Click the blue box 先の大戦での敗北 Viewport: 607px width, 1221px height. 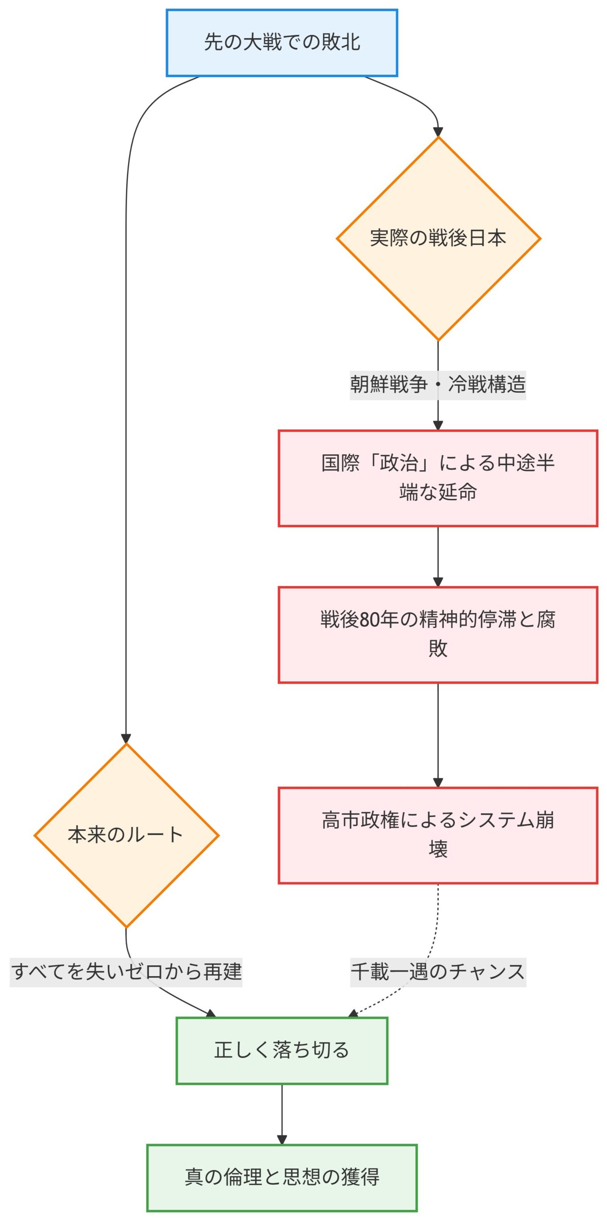[x=281, y=43]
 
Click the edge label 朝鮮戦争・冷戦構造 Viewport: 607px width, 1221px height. [x=437, y=384]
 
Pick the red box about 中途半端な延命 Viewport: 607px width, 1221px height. [x=437, y=478]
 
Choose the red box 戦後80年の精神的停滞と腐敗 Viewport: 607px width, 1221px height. [x=437, y=635]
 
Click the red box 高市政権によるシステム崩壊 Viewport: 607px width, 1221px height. [x=437, y=835]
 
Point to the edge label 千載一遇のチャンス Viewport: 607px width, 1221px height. [x=437, y=971]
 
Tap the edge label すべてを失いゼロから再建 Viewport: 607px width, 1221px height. [x=126, y=971]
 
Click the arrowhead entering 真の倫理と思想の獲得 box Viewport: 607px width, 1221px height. [x=281, y=1140]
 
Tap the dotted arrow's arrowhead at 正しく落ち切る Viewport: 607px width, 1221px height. [x=353, y=1014]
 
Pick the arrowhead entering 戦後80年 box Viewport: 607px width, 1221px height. [x=437, y=582]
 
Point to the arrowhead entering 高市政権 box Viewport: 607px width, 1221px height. [x=437, y=782]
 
